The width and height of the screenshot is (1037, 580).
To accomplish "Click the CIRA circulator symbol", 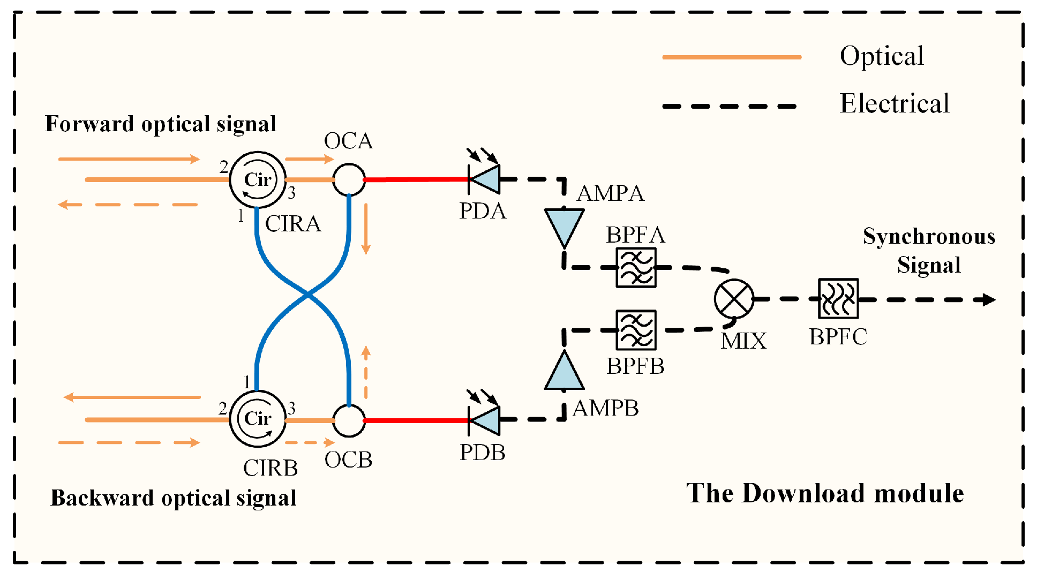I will tap(258, 180).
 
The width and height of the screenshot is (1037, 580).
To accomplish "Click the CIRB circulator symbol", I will tap(258, 419).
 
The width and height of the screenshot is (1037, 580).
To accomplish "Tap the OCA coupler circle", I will tap(349, 179).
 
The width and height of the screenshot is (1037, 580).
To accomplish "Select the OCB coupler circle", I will tap(349, 420).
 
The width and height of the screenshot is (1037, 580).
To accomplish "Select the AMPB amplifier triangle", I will tap(564, 373).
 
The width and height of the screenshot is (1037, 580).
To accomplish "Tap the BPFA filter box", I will tap(636, 267).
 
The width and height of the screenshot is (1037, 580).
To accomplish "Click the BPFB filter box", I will tap(636, 330).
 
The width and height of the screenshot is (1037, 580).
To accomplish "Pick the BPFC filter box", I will tap(838, 299).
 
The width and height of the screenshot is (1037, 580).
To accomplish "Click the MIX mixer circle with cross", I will tap(734, 299).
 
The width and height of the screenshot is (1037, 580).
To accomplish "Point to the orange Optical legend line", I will tap(731, 57).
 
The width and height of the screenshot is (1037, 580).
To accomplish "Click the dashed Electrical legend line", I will tap(731, 106).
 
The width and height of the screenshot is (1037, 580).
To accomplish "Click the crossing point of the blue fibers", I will tap(307, 294).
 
